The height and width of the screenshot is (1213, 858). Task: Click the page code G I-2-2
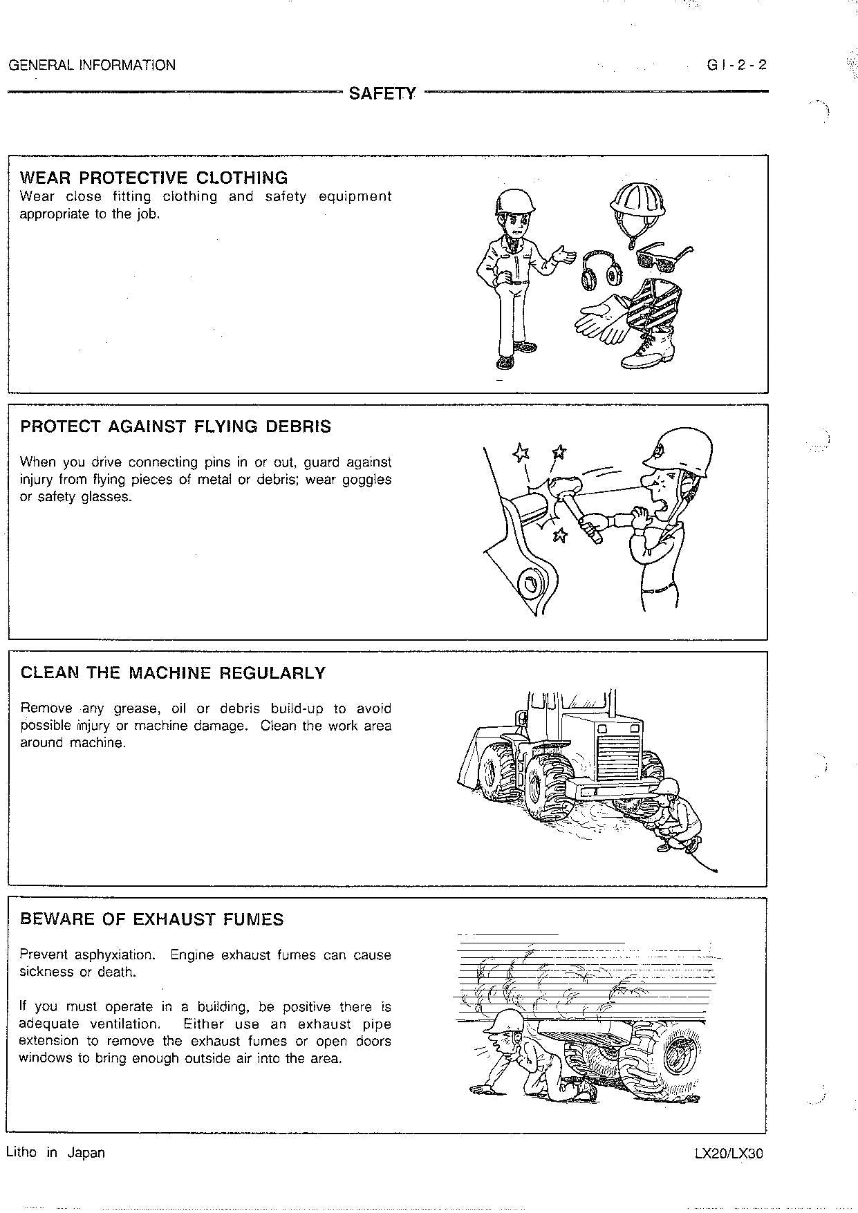tap(736, 66)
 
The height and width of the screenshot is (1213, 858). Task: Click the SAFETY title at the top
tap(382, 93)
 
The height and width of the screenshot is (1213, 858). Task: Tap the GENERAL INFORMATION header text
tap(92, 66)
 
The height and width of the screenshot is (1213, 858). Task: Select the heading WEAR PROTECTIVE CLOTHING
tap(153, 178)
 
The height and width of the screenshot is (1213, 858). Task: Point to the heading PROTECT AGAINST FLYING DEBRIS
tap(176, 426)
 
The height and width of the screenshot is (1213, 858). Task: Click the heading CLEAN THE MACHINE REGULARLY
tap(173, 673)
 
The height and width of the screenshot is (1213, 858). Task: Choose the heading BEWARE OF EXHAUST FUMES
tap(152, 919)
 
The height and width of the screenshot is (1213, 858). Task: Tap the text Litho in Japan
tap(55, 1153)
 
